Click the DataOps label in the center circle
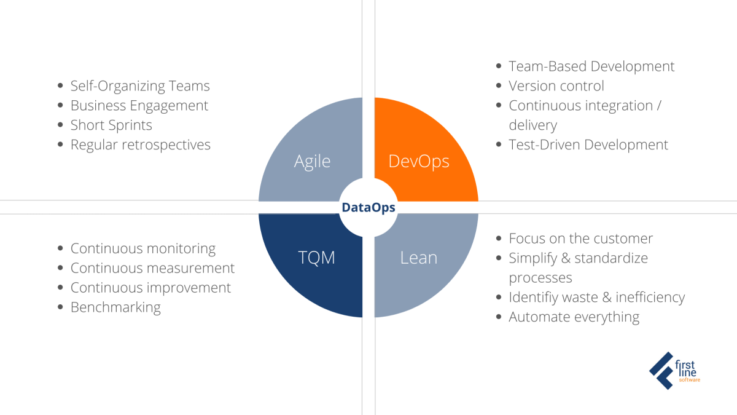coord(368,208)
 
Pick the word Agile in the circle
coord(312,161)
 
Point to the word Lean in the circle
coord(418,257)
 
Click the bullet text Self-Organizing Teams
coord(140,86)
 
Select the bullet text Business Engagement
coord(139,106)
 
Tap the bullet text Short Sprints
coord(111,125)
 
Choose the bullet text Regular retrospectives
coord(140,145)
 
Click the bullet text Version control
coord(556,86)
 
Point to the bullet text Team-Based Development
coord(591,66)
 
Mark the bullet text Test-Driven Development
coord(588,145)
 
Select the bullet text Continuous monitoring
coord(142,248)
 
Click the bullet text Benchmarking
coord(115,307)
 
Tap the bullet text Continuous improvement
coord(150,288)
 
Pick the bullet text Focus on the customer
coord(580,239)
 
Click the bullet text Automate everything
coord(574,317)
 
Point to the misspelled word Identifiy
coord(533,298)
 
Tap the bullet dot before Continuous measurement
coord(60,268)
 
